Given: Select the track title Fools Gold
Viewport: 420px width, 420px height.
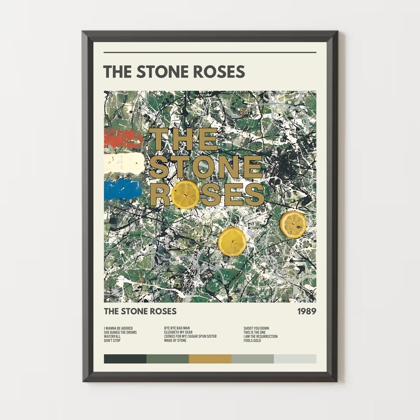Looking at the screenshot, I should (x=255, y=341).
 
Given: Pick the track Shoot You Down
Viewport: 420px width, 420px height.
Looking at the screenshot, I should (x=256, y=328).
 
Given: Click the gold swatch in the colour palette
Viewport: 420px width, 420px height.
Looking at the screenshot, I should (x=210, y=359).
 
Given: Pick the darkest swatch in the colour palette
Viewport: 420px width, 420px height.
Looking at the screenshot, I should (x=125, y=359).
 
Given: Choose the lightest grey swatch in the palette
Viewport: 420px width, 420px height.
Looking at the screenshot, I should (x=295, y=359).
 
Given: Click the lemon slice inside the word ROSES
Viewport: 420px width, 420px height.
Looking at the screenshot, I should (x=186, y=195).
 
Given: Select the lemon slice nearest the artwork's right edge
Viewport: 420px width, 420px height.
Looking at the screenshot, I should (x=293, y=224).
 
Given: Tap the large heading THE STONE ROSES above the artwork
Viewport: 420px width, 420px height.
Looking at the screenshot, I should (x=174, y=71).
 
